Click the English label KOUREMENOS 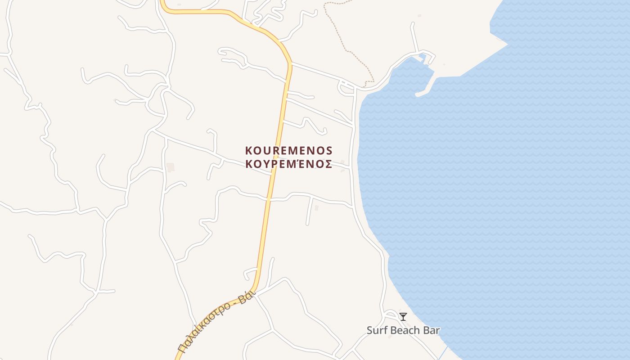pos(288,150)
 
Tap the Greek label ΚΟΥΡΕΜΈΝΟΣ pos(288,164)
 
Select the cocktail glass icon pos(403,317)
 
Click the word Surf pos(377,330)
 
